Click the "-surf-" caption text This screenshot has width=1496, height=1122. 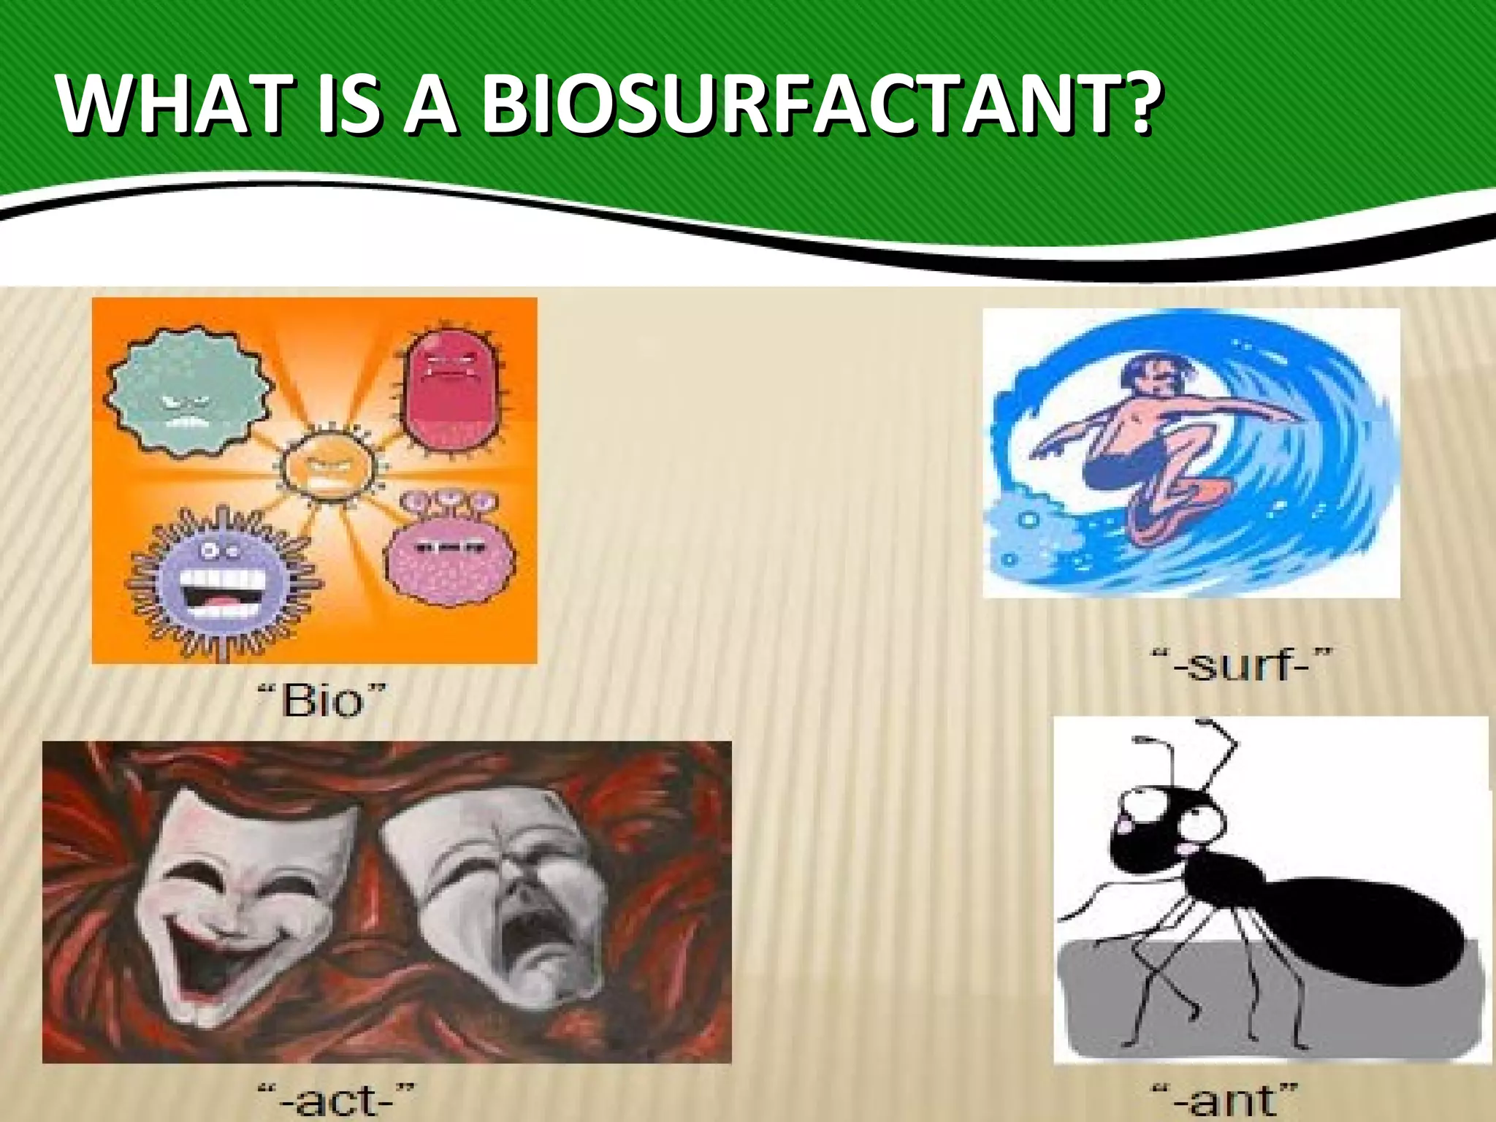(x=1241, y=665)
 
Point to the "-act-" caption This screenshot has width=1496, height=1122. (x=337, y=1099)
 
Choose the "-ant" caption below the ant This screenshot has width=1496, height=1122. (x=1234, y=1100)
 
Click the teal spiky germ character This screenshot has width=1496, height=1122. (x=188, y=391)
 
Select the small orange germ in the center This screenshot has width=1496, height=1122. (x=328, y=467)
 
